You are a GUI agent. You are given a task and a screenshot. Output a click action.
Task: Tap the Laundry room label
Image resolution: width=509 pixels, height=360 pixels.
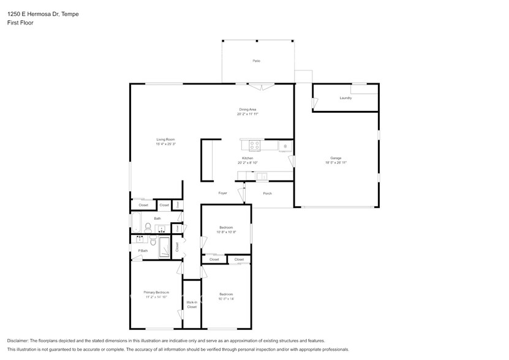click(345, 98)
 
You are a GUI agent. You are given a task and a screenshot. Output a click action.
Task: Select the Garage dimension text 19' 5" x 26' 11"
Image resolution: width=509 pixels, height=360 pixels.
click(336, 163)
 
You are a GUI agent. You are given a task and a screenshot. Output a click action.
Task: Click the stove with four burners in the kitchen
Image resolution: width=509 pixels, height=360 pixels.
click(254, 145)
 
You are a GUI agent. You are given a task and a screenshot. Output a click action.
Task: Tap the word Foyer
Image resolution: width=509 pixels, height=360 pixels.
click(223, 193)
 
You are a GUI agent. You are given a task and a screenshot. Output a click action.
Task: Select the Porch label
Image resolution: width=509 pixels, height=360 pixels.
click(267, 193)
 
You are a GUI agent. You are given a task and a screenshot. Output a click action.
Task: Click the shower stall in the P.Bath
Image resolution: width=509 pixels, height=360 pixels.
click(166, 247)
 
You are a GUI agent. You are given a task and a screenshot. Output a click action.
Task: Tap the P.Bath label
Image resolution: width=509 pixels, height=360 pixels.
click(143, 251)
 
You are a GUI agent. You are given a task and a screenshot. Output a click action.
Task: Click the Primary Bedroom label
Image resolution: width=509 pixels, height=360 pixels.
click(156, 293)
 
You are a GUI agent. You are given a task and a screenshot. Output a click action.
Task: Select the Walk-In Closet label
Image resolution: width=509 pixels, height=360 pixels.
click(192, 304)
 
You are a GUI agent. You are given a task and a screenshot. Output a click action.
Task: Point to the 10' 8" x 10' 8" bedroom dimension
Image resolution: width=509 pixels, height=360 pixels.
click(227, 233)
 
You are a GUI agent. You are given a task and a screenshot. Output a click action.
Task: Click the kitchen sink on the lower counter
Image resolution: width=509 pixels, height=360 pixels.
click(262, 177)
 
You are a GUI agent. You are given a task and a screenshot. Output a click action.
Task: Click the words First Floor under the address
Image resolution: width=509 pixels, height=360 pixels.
click(20, 23)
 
